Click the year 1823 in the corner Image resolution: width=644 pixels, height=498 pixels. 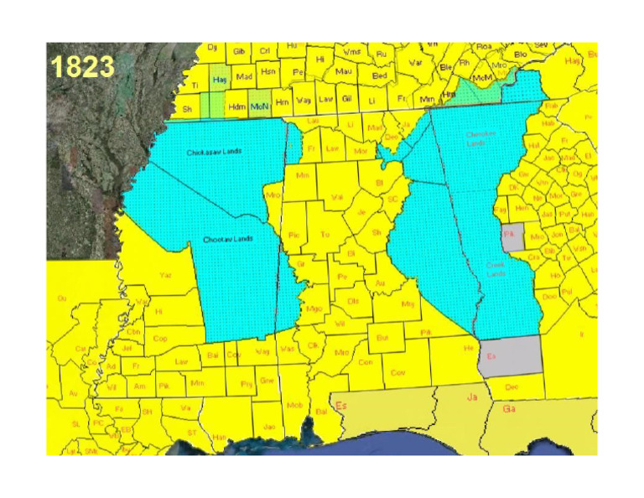[81, 67]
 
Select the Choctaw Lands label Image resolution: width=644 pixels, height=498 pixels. [227, 240]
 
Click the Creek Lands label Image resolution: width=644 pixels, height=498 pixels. [501, 269]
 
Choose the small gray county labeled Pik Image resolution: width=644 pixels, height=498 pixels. [512, 236]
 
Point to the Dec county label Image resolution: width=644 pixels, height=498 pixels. [511, 386]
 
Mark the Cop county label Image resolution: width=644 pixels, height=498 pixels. [161, 340]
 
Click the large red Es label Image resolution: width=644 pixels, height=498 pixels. [341, 407]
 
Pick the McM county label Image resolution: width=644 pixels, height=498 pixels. [482, 78]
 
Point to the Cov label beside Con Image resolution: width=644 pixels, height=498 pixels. [398, 371]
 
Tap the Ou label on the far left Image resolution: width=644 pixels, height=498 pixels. [61, 298]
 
